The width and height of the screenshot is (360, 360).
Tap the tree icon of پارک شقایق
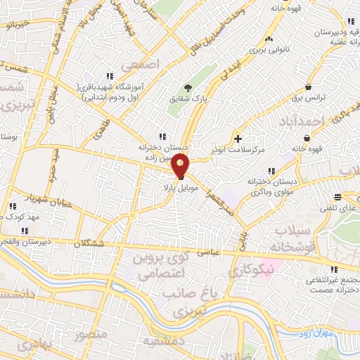pyautogui.click(x=188, y=88)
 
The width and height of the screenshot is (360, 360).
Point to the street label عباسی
pyautogui.click(x=212, y=249)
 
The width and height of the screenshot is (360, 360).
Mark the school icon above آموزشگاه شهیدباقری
pyautogui.click(x=108, y=76)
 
